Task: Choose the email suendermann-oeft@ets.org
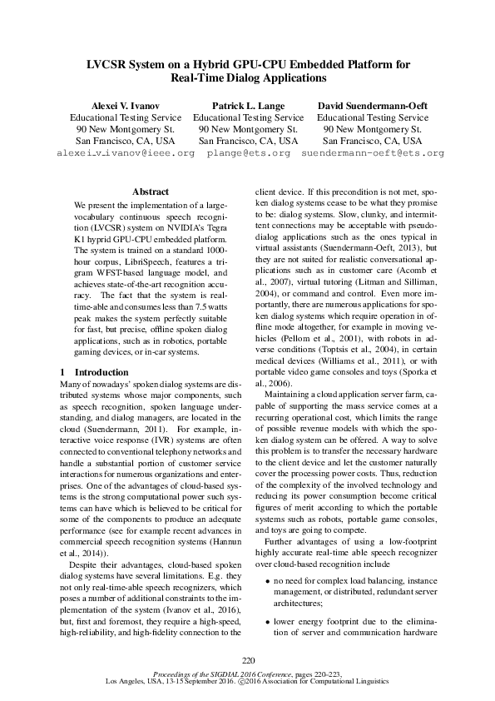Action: pyautogui.click(x=372, y=154)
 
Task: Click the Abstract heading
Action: pyautogui.click(x=151, y=191)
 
